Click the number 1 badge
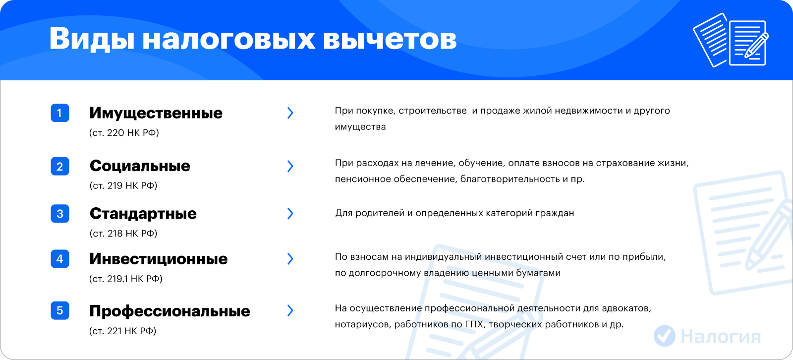[60, 113]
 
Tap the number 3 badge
[60, 214]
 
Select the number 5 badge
[60, 310]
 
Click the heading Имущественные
[156, 114]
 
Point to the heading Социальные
[140, 166]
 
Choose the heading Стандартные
[143, 214]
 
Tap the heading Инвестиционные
[158, 259]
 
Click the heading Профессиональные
[170, 311]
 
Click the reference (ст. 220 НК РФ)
[124, 133]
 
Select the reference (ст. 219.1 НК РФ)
[126, 279]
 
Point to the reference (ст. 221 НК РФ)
[122, 331]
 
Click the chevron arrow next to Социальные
[290, 166]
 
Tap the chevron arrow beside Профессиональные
[290, 310]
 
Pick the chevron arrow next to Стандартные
[290, 213]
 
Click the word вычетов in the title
[390, 39]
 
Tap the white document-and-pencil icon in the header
[731, 40]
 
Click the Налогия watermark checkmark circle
[665, 336]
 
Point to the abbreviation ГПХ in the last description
[474, 324]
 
